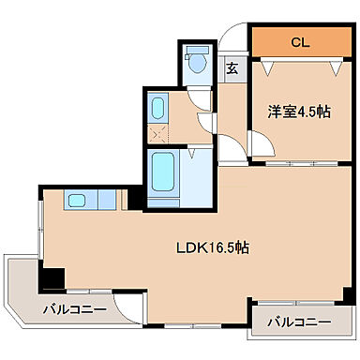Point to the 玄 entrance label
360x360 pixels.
pos(232,68)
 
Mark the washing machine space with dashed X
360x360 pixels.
pos(157,131)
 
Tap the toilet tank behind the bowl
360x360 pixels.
pos(197,52)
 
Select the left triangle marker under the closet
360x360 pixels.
pos(270,67)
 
